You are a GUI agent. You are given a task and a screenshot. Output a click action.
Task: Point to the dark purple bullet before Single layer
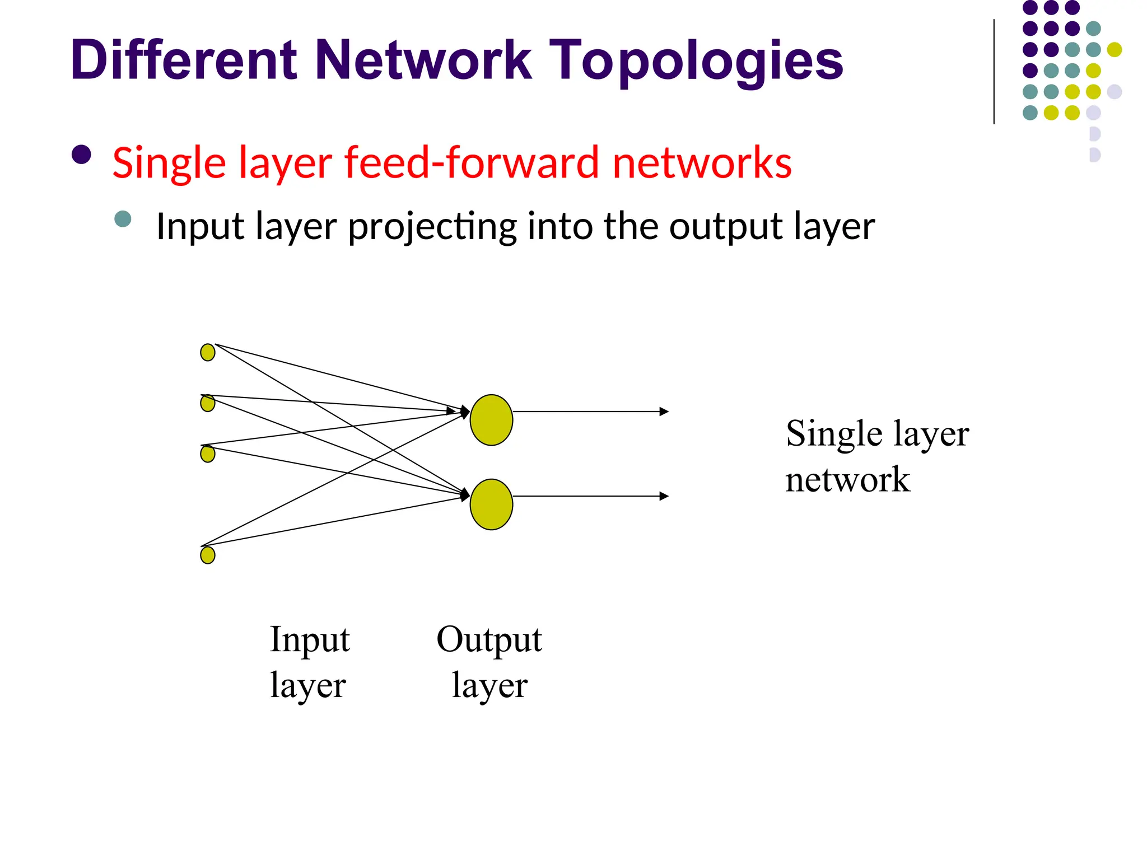click(x=82, y=155)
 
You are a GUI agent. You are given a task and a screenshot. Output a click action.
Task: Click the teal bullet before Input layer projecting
click(x=123, y=219)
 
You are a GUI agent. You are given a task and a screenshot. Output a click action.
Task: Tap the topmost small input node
click(x=208, y=352)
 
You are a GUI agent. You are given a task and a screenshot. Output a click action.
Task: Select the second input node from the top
click(x=208, y=403)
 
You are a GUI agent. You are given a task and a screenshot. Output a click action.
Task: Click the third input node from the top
click(x=208, y=454)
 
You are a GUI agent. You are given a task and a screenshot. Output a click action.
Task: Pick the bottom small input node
click(x=208, y=555)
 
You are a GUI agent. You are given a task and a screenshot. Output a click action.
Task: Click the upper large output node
click(x=491, y=420)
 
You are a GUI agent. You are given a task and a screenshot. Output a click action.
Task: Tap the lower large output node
click(x=491, y=504)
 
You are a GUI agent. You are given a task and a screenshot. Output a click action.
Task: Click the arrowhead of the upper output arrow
click(x=664, y=412)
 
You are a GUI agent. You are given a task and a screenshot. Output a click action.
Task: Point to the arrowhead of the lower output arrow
click(x=664, y=496)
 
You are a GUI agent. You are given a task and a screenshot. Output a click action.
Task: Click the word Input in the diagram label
click(x=310, y=639)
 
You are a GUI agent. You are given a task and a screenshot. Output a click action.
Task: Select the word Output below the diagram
click(x=489, y=639)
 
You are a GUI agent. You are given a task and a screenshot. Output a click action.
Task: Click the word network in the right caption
click(x=847, y=480)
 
